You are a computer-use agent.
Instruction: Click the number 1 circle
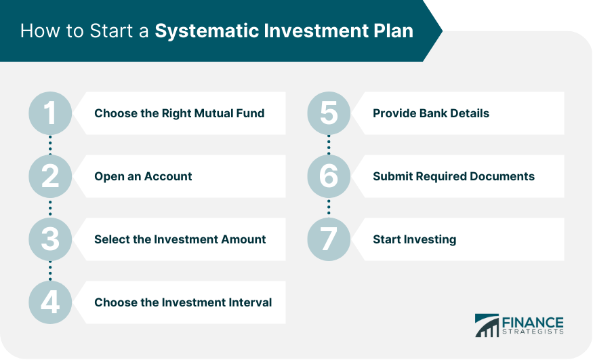tap(50, 113)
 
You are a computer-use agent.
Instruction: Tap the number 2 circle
tap(50, 176)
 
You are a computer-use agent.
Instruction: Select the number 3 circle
tap(50, 239)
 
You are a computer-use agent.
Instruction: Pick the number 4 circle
tap(50, 302)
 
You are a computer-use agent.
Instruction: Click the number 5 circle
tap(329, 113)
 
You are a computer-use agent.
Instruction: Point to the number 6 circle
tap(329, 176)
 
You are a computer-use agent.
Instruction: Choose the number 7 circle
tap(329, 239)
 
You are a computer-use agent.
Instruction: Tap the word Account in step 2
tap(168, 176)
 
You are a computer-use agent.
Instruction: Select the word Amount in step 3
tap(243, 239)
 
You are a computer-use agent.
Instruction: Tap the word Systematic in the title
tap(207, 31)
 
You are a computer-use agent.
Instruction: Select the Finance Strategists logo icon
tap(487, 325)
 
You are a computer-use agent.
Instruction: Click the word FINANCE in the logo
tap(533, 323)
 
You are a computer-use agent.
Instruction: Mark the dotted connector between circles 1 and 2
tap(50, 145)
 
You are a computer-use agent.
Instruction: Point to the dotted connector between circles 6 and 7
tap(329, 207)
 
